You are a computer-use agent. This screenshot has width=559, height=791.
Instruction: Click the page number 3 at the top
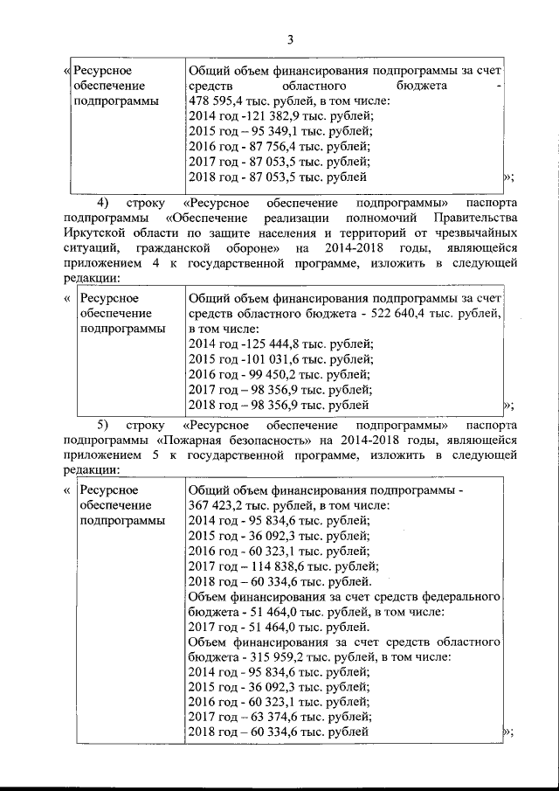(x=291, y=38)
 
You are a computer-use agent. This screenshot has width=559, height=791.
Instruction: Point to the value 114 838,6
(x=266, y=565)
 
